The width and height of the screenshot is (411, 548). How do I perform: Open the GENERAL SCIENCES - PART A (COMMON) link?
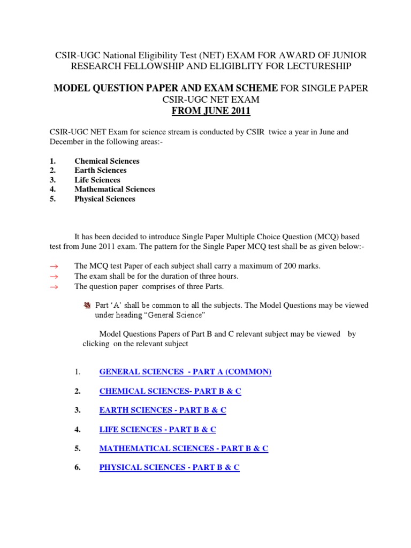185,372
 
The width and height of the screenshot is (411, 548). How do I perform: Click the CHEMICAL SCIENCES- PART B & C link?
170,391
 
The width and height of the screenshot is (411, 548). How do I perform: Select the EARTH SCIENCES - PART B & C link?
163,410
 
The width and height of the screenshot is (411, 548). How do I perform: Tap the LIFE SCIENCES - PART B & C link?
157,429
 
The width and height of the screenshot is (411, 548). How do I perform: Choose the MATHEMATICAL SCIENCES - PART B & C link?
184,448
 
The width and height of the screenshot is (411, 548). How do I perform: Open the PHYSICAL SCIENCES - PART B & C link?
169,467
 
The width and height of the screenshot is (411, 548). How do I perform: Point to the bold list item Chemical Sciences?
107,161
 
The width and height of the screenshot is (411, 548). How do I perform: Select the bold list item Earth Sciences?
101,170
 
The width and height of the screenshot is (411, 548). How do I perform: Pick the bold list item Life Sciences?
97,180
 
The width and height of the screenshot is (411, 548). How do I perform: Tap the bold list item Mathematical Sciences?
115,189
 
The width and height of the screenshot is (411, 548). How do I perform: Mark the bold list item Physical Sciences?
105,199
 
